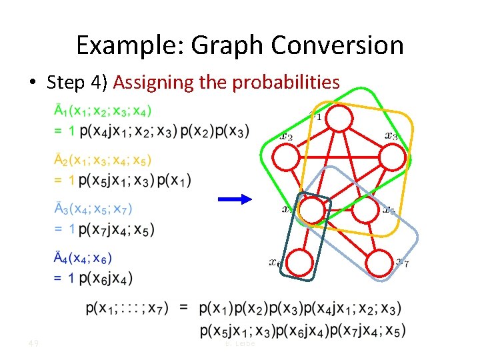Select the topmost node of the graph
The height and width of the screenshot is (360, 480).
(x=339, y=119)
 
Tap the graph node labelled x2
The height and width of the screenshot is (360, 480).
(x=288, y=157)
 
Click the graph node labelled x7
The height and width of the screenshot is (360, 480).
(x=381, y=262)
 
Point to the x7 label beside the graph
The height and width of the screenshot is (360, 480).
(x=402, y=262)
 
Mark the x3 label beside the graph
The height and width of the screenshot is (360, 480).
(x=391, y=136)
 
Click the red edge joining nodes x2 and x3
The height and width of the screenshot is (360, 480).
(x=340, y=157)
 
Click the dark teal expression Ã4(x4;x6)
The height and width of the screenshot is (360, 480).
(x=83, y=259)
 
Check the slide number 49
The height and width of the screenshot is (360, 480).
(x=32, y=343)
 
